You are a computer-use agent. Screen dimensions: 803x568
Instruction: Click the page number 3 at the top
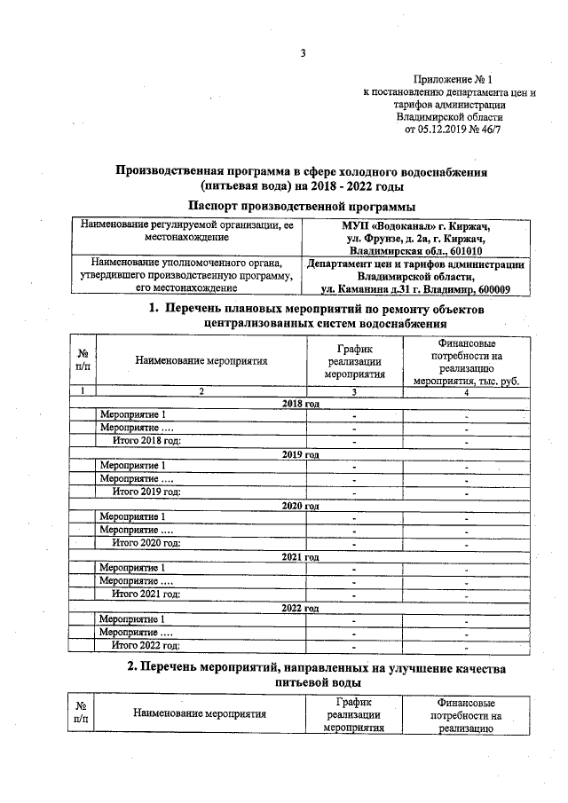[303, 53]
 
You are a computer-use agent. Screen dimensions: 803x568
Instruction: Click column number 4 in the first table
[466, 391]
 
